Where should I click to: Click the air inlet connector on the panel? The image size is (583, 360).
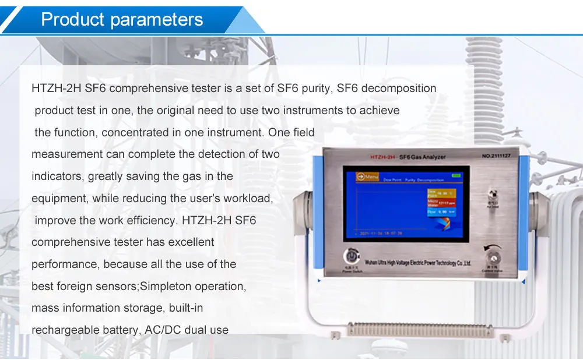click(491, 193)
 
